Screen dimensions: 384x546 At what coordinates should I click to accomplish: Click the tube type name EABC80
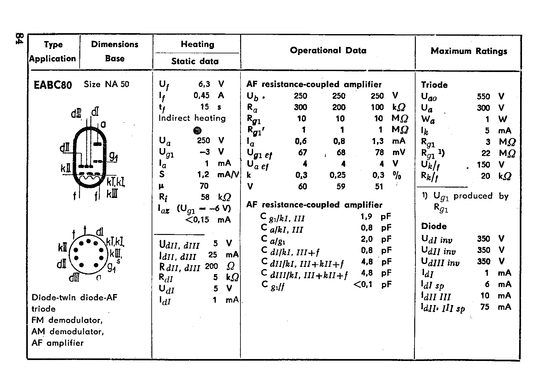53,85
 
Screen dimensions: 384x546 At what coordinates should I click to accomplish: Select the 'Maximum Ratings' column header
469,51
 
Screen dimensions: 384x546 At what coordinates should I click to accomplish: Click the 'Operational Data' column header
328,51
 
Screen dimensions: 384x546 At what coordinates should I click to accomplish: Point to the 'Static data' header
195,61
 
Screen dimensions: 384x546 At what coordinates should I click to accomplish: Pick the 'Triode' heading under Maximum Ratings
434,85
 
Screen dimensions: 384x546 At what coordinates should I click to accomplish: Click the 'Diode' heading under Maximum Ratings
434,226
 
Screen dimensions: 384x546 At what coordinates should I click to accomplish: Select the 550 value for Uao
483,96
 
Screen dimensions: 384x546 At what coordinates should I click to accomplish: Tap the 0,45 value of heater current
202,95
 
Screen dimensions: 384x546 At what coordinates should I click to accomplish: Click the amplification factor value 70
204,186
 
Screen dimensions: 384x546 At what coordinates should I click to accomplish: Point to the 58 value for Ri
205,197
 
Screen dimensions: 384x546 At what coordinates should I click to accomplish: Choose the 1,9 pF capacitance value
367,216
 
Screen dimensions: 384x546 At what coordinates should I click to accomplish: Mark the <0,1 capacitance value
363,284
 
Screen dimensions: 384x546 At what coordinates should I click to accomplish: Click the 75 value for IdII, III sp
485,307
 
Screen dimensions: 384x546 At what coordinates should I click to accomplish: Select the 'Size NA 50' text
106,84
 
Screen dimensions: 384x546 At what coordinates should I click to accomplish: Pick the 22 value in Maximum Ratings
486,153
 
